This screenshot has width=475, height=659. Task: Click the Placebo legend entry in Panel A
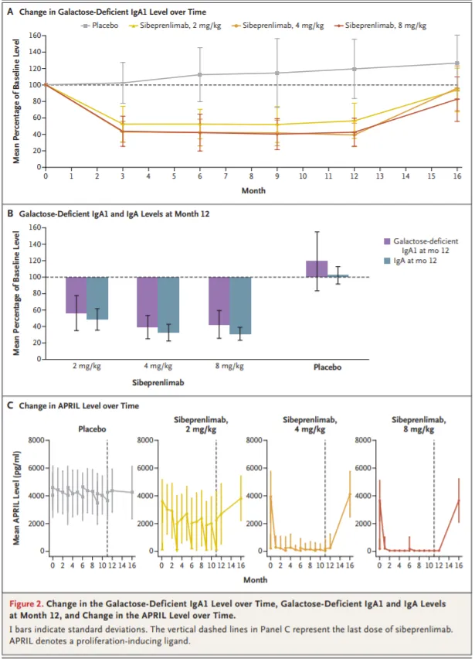click(x=109, y=26)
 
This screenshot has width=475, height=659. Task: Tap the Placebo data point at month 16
click(x=457, y=63)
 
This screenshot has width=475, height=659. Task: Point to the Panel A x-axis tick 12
click(x=355, y=177)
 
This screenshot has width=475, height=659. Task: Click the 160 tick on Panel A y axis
click(x=33, y=36)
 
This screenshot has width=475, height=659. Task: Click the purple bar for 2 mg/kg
click(x=76, y=295)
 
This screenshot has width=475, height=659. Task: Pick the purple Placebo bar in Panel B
click(x=317, y=268)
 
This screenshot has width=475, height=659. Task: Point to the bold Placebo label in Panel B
click(x=327, y=367)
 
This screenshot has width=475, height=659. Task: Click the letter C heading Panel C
click(x=10, y=405)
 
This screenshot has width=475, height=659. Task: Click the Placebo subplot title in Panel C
click(x=91, y=428)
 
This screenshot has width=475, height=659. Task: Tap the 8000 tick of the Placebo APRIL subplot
click(x=36, y=440)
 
